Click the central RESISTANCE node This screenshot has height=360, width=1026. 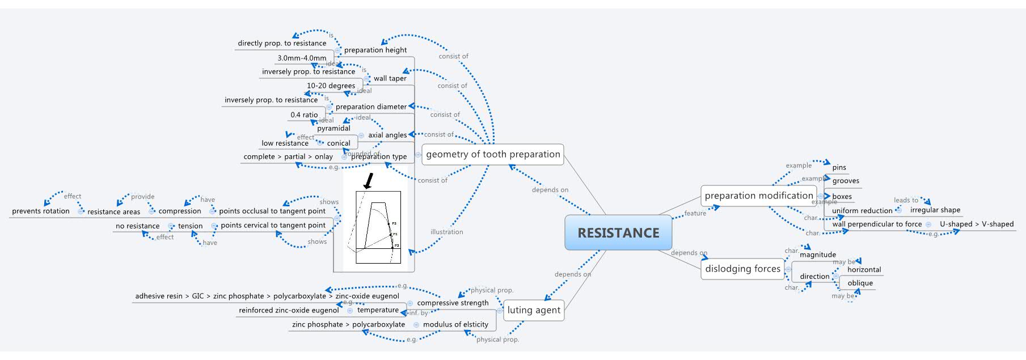pos(618,233)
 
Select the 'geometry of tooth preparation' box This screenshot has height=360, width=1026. pos(492,154)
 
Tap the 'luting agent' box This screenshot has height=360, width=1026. pos(533,310)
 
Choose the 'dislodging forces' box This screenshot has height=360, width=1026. pos(742,269)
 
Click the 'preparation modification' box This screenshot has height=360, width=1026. pos(758,196)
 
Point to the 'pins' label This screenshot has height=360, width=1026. pos(839,167)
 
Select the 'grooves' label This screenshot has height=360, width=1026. pos(845,181)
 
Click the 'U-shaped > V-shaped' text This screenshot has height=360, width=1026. pos(976,224)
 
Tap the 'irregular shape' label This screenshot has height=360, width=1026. pos(935,210)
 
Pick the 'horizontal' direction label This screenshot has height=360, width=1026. pos(864,270)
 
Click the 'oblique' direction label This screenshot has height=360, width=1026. pos(860,283)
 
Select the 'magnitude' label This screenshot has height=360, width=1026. pos(817,255)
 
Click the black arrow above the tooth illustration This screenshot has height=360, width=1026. pos(369,181)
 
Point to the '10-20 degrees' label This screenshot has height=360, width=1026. pos(331,86)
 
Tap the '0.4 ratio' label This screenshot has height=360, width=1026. pos(304,115)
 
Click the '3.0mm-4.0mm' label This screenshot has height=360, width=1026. pos(302,58)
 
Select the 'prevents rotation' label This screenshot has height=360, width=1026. pos(41,211)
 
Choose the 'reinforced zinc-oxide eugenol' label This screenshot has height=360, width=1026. pos(289,310)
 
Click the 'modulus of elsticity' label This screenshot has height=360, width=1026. pos(455,324)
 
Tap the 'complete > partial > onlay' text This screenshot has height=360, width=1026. pos(288,156)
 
